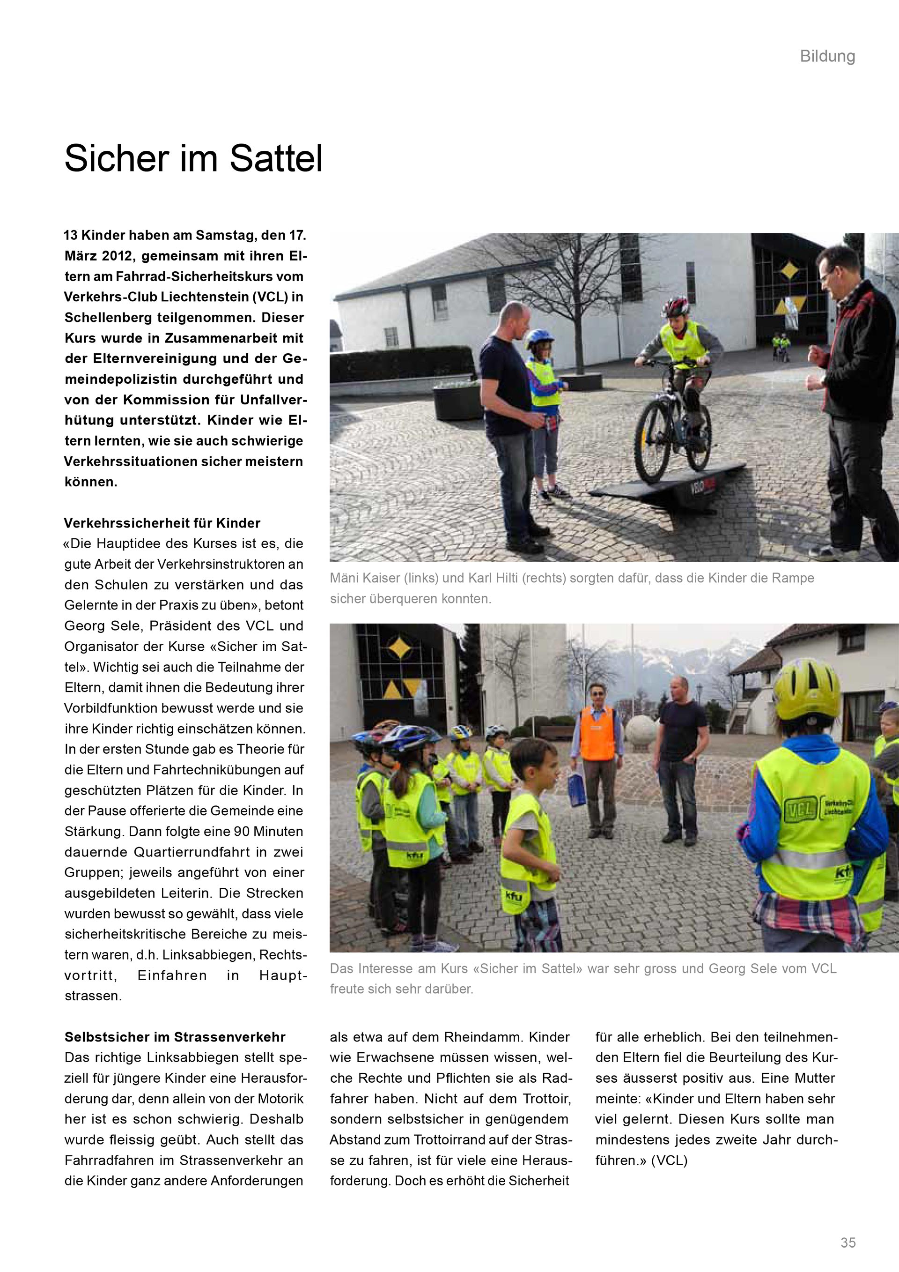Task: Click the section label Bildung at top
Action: click(827, 57)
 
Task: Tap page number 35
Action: click(847, 1242)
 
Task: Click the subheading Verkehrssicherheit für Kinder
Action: click(162, 523)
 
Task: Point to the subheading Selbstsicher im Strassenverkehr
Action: click(175, 1037)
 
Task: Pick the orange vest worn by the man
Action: click(597, 733)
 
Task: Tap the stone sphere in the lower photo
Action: click(640, 731)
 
